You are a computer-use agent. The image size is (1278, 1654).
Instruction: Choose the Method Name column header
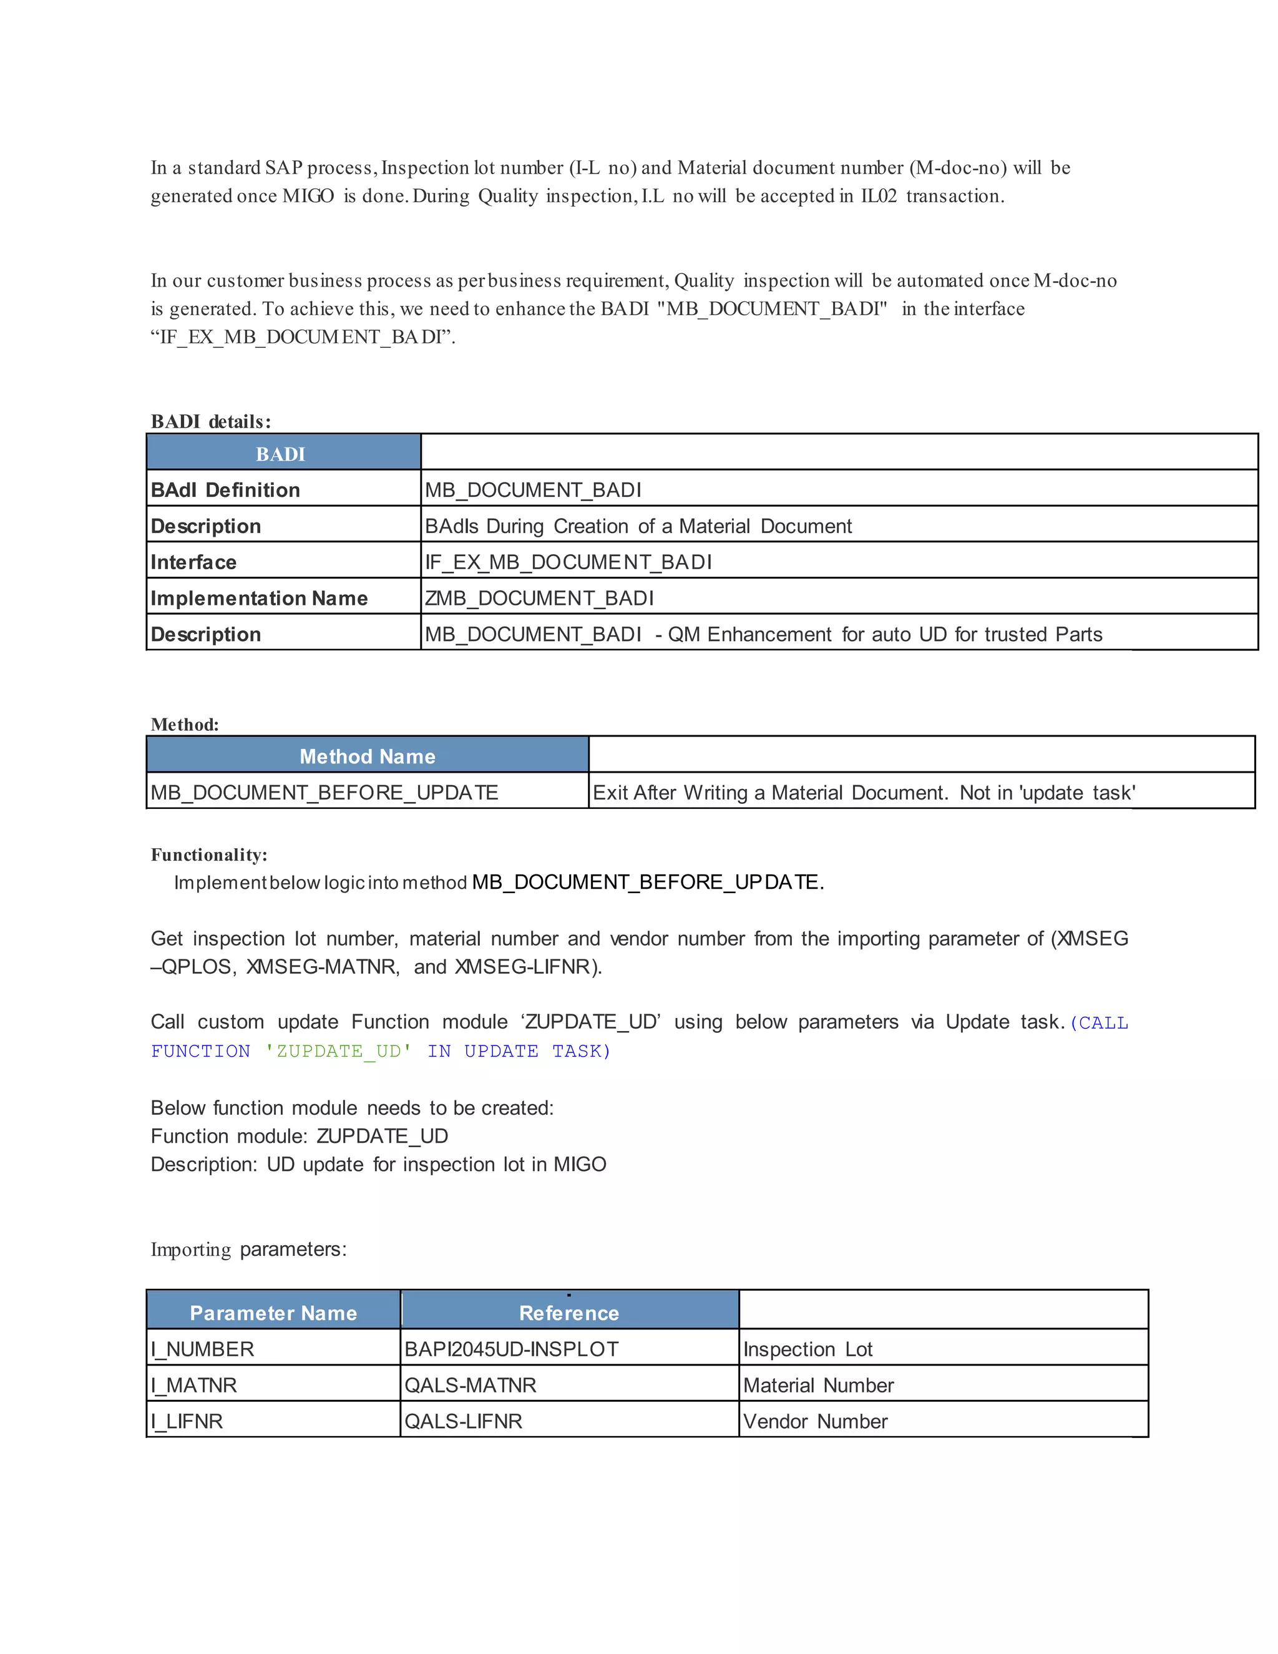point(367,756)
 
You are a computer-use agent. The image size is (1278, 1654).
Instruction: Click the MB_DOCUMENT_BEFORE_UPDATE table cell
point(324,792)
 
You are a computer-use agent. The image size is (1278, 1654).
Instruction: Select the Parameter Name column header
point(273,1313)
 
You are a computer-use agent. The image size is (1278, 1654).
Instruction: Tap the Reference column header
point(568,1313)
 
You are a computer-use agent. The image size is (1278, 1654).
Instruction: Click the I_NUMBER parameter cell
point(202,1349)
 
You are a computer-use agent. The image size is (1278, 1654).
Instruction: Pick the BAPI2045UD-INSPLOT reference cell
point(511,1349)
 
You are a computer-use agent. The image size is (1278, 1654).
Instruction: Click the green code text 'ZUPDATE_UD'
point(338,1051)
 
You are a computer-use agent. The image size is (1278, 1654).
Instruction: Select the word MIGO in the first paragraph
point(308,196)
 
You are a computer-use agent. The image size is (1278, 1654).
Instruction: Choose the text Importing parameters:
point(248,1249)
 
